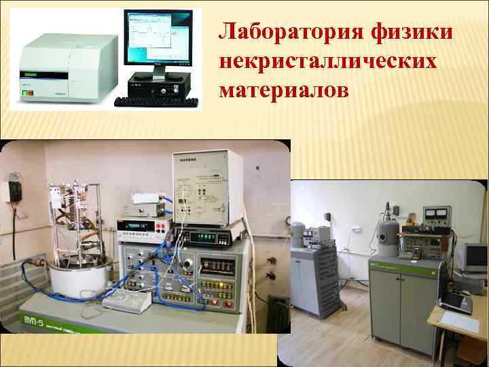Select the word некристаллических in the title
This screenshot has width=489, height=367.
click(x=328, y=60)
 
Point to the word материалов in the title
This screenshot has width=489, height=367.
click(x=283, y=89)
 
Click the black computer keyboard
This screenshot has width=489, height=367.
click(x=157, y=102)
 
